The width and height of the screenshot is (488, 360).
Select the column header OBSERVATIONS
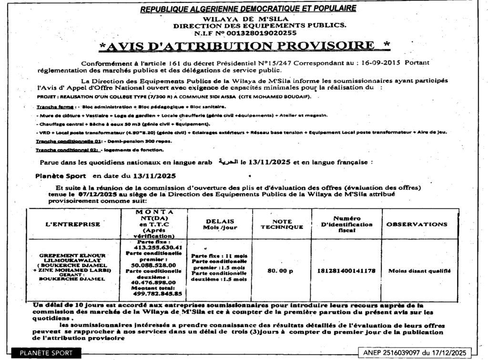(x=417, y=224)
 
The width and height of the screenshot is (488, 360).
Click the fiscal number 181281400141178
(x=346, y=270)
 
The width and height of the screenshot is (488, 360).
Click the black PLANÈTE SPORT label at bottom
(x=46, y=353)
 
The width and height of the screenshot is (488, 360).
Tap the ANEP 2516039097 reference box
(x=414, y=352)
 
